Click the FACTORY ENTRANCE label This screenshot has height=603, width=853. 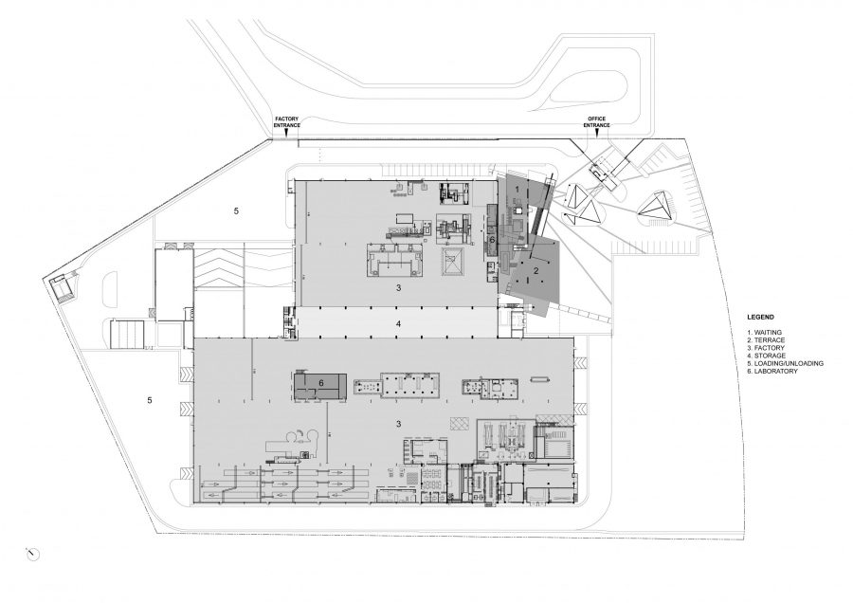tap(287, 122)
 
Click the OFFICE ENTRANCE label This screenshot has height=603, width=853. tap(597, 122)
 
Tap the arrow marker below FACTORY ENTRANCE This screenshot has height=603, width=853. tap(287, 132)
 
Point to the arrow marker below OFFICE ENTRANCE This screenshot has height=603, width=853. tap(597, 132)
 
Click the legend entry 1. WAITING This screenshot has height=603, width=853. tap(764, 333)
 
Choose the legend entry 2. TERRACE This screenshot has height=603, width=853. tap(766, 340)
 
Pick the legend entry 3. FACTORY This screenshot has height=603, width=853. tap(766, 348)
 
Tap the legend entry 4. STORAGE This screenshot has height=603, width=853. tap(766, 356)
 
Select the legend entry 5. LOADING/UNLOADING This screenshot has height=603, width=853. tap(785, 363)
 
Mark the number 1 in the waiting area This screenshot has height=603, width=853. tap(517, 189)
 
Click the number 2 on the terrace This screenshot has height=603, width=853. tap(535, 270)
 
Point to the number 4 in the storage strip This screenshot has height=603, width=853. tap(398, 324)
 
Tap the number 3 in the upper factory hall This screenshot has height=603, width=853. tap(398, 288)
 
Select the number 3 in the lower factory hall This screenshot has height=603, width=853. tap(398, 424)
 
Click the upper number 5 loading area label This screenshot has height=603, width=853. tap(236, 211)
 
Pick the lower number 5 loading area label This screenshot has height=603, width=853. tap(150, 400)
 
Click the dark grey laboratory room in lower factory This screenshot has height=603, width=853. tap(321, 387)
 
